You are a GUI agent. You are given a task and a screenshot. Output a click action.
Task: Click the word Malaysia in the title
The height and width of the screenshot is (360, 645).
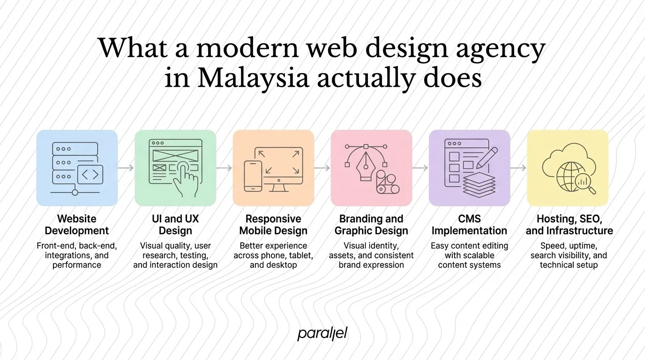(x=253, y=78)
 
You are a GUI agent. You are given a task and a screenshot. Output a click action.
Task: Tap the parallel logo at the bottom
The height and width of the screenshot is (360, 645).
(x=322, y=334)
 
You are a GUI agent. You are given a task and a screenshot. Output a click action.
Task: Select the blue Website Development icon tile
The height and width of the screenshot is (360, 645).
(x=77, y=168)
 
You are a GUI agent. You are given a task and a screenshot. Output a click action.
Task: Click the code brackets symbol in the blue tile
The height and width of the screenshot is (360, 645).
(x=90, y=175)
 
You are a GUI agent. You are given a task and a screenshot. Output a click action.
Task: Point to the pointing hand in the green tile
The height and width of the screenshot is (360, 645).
(x=186, y=180)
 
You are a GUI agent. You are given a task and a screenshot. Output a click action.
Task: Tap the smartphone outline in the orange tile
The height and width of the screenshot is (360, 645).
(x=253, y=176)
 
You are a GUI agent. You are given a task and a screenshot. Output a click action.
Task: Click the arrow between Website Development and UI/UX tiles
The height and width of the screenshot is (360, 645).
(x=126, y=168)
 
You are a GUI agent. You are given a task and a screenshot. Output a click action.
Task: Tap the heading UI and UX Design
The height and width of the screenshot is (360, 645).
(x=175, y=225)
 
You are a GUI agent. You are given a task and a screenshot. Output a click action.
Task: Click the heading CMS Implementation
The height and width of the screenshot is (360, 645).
(x=469, y=225)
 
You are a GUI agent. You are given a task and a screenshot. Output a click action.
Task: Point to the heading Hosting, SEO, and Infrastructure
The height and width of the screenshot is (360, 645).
(x=569, y=225)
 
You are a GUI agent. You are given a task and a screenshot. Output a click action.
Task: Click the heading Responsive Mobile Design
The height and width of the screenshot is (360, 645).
(x=273, y=225)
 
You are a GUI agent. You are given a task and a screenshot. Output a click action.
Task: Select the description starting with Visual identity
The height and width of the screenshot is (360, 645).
(x=371, y=255)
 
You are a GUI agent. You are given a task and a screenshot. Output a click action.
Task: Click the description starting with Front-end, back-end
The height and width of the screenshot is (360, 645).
(x=77, y=255)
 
